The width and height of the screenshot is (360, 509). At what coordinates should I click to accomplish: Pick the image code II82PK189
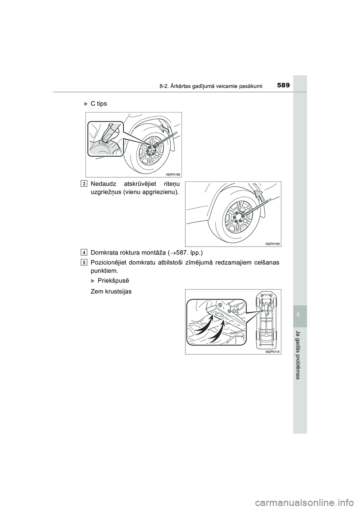[x=272, y=244]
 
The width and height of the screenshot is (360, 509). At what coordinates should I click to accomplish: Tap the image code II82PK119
[x=272, y=352]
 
